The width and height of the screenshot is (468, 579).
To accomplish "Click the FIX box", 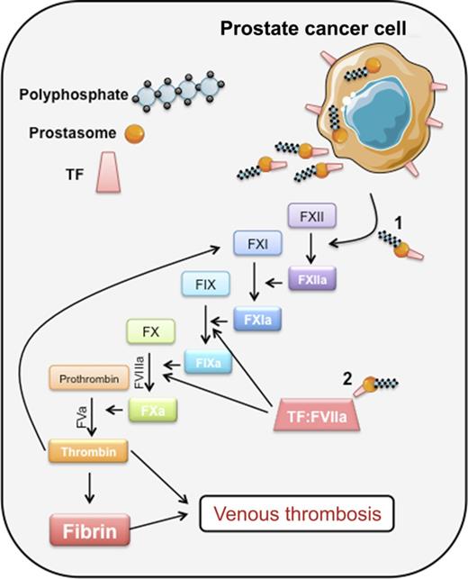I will click(206, 284).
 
